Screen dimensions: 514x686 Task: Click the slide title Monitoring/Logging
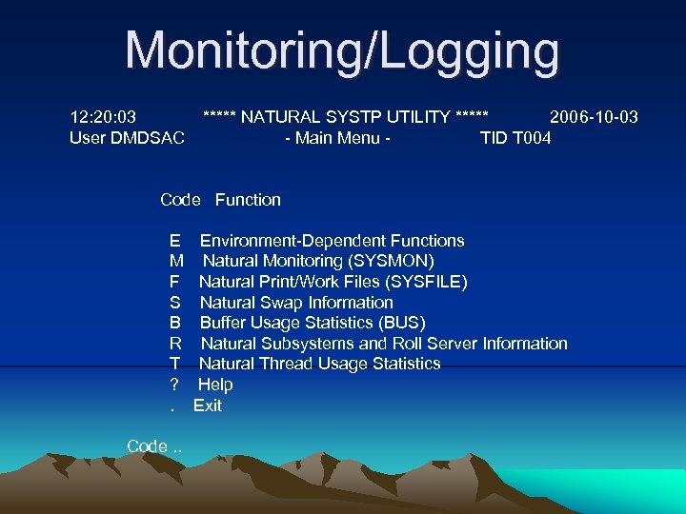click(x=342, y=51)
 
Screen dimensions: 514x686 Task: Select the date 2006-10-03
click(x=594, y=117)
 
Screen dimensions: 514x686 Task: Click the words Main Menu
click(x=338, y=138)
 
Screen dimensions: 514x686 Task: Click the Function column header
click(x=248, y=200)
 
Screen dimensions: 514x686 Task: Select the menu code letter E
click(x=174, y=241)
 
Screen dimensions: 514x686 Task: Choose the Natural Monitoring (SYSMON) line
click(x=318, y=261)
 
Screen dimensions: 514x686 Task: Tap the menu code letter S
click(x=174, y=303)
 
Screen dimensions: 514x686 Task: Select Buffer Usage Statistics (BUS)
click(x=313, y=323)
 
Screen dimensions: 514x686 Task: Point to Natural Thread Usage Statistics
click(x=319, y=364)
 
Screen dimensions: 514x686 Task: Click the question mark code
click(x=173, y=385)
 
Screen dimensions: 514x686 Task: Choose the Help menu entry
click(x=215, y=385)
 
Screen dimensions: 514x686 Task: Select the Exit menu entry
click(x=208, y=405)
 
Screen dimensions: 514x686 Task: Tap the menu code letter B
click(x=174, y=323)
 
